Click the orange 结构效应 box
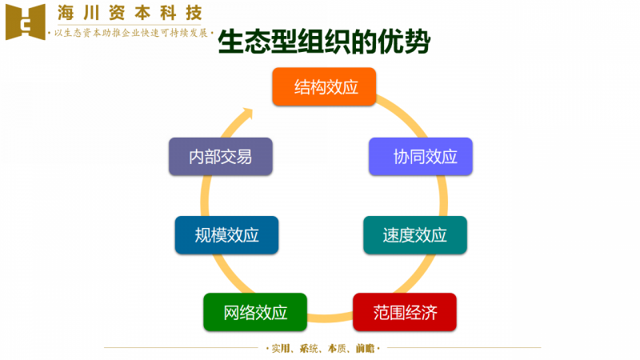point(324,86)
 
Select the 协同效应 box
point(421,157)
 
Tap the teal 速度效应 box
point(415,235)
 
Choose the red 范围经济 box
point(405,312)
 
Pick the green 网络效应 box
point(255,312)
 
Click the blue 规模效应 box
point(226,235)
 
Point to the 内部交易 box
point(221,157)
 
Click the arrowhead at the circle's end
point(247,113)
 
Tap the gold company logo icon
point(26,22)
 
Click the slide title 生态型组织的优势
point(324,42)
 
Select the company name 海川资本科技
point(130,13)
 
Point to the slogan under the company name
point(130,33)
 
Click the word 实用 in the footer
point(281,348)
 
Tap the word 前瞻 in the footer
point(365,348)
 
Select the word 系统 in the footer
point(309,348)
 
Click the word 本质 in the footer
point(337,348)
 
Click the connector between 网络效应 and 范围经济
point(330,318)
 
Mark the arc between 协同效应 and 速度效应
point(443,196)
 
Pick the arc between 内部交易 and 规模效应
point(205,196)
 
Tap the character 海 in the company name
point(66,13)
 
